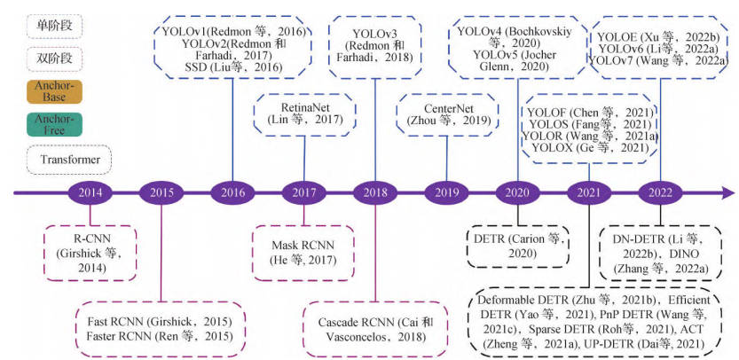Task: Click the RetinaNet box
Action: pyautogui.click(x=304, y=113)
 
